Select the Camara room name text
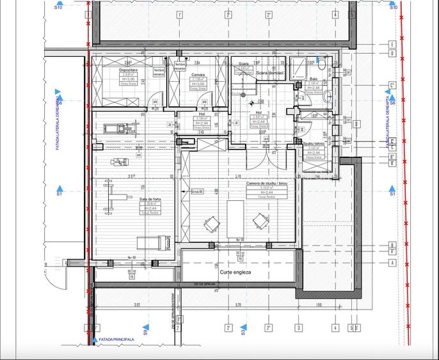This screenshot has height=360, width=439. [x=198, y=75]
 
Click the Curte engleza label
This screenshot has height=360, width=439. [x=235, y=272]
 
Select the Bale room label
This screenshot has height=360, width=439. [x=314, y=79]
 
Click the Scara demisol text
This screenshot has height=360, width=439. [x=269, y=73]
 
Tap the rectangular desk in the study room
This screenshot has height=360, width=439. [x=235, y=218]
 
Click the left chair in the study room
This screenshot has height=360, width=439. [x=210, y=224]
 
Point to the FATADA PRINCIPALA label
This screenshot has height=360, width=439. [x=116, y=340]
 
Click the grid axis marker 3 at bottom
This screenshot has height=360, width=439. [x=298, y=328]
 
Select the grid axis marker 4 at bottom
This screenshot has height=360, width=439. [x=335, y=328]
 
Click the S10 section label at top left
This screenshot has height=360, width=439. [x=58, y=8]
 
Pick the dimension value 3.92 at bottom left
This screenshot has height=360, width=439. [x=137, y=305]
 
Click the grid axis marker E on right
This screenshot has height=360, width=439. [x=392, y=45]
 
